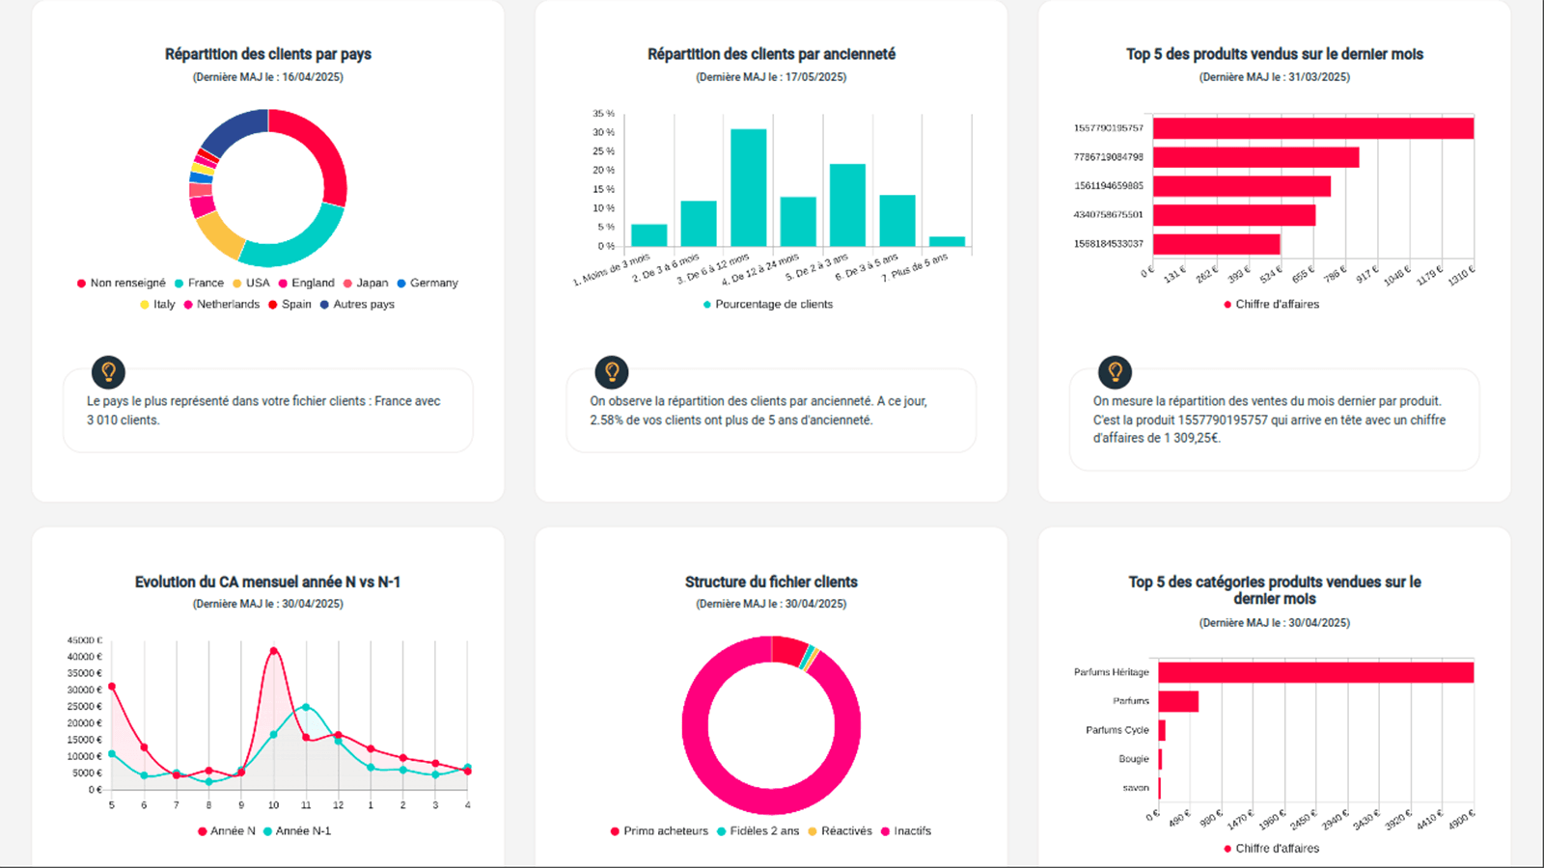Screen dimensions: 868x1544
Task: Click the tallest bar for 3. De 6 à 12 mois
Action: [748, 188]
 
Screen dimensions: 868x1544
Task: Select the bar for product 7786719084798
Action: [1255, 157]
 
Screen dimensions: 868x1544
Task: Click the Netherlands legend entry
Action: [228, 304]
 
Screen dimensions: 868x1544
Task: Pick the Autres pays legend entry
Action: [363, 304]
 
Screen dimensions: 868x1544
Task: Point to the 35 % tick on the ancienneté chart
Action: [604, 114]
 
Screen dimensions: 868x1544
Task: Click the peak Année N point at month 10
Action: [274, 651]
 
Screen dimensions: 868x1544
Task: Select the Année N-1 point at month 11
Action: [306, 707]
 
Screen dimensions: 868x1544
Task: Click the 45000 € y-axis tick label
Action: [85, 640]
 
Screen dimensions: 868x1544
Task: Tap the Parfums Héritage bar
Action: [1315, 672]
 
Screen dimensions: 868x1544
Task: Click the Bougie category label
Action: [1134, 759]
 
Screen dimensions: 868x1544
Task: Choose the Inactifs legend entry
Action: [912, 830]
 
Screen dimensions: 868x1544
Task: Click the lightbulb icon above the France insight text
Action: [108, 371]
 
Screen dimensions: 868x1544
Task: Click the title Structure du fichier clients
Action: [771, 582]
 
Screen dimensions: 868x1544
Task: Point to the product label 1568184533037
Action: [1108, 244]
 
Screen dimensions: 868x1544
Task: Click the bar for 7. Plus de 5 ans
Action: [947, 241]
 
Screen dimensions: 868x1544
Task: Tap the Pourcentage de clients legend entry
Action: [773, 304]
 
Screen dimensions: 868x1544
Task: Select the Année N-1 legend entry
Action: [303, 830]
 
